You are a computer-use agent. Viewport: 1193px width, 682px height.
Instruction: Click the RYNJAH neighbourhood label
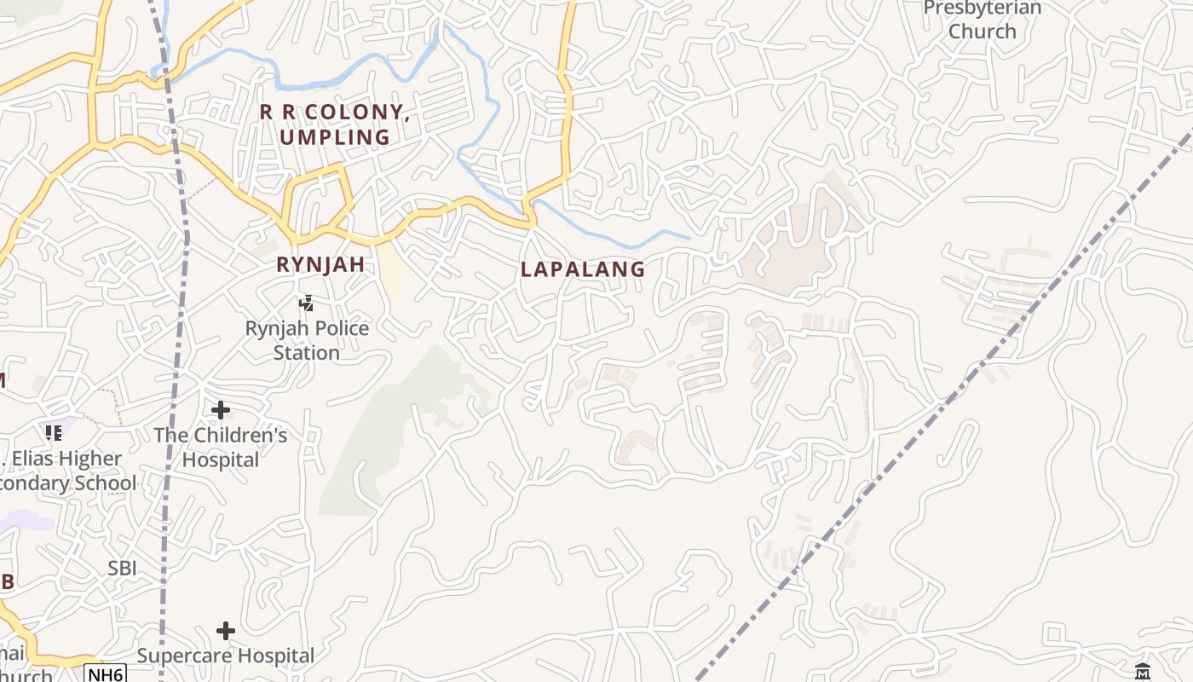pos(321,265)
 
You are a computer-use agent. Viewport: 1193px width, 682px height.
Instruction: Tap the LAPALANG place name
pos(583,269)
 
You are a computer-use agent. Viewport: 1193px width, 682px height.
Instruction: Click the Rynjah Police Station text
pos(307,340)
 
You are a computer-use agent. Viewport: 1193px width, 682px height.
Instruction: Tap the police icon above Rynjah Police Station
pos(306,303)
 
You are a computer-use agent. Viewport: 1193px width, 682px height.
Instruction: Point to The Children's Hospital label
pos(221,448)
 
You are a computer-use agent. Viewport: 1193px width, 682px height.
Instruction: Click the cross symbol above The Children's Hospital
pos(221,410)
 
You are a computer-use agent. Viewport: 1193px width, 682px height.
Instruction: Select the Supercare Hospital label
pos(226,656)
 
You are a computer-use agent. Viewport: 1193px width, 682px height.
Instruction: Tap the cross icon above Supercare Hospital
pos(226,631)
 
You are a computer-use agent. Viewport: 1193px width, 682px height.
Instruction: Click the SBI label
pos(123,568)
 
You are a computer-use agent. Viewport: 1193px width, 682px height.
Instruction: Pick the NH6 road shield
pos(106,674)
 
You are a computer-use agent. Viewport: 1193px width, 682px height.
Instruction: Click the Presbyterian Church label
pos(983,20)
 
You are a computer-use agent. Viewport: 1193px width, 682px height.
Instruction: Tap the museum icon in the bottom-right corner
pos(1143,671)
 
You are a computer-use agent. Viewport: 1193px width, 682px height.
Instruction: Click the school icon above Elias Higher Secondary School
pos(54,433)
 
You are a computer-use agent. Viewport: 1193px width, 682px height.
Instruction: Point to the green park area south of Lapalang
pos(401,426)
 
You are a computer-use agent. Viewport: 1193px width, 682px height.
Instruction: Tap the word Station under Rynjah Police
pos(307,352)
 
